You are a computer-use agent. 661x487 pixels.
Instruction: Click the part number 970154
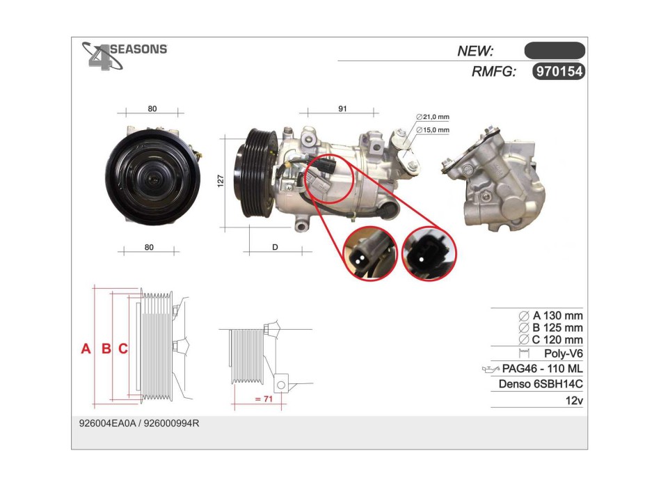coord(557,71)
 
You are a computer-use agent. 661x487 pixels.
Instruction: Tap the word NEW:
coord(475,51)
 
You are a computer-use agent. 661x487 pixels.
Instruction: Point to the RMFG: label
coord(493,71)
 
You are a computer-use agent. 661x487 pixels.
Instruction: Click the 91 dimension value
coord(342,109)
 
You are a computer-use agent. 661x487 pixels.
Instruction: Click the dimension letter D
coord(275,248)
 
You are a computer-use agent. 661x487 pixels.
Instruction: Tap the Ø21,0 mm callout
coord(433,116)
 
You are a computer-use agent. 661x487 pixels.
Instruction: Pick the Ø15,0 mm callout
coord(433,129)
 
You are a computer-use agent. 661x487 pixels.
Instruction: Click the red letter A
coord(86,349)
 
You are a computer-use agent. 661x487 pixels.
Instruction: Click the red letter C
coord(122,349)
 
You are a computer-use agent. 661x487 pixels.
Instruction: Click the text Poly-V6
coord(563,354)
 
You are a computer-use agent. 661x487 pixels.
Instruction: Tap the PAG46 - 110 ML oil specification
coord(541,369)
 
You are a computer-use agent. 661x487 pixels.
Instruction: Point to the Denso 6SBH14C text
coord(541,384)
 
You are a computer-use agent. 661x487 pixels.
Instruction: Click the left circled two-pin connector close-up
coord(369,254)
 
